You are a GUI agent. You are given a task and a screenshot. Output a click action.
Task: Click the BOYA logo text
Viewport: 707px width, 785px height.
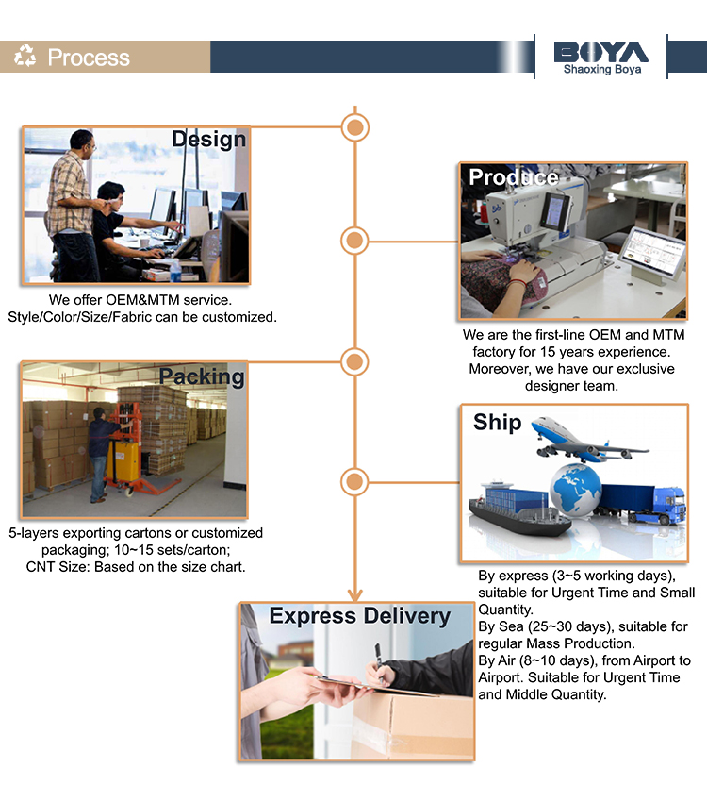(600, 52)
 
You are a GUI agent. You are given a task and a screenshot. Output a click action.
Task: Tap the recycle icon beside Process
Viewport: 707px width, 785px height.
(25, 56)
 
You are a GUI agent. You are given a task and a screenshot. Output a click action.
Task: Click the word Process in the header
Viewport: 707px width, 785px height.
(89, 57)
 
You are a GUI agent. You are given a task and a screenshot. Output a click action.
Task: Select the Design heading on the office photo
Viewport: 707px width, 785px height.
(208, 139)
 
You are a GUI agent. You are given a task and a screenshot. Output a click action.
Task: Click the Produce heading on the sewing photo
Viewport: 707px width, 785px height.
(514, 177)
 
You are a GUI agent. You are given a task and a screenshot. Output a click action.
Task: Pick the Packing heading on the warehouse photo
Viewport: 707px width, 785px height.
(202, 376)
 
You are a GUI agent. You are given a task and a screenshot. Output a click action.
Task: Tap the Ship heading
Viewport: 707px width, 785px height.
(498, 422)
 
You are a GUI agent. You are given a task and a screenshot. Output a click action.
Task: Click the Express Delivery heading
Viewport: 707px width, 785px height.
(360, 616)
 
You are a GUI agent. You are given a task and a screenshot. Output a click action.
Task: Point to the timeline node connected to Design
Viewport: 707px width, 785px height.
(354, 127)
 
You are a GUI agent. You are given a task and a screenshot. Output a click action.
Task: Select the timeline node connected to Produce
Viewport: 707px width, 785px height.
(354, 241)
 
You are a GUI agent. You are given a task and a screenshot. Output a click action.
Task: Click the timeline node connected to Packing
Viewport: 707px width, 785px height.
(354, 361)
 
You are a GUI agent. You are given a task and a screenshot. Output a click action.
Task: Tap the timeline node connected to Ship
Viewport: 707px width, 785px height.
(354, 482)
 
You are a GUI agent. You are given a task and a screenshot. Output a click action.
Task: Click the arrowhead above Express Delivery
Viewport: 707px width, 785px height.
(354, 595)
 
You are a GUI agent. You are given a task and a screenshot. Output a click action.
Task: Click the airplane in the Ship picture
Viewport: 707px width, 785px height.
(588, 439)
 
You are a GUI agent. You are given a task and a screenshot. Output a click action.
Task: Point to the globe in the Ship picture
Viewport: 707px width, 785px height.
(575, 489)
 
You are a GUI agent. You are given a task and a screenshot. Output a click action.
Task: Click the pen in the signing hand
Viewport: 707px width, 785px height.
(378, 659)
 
